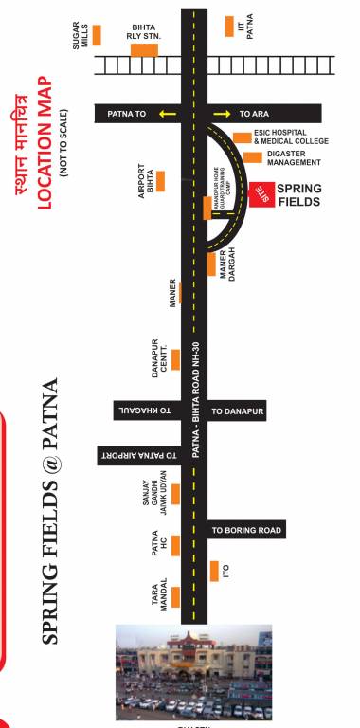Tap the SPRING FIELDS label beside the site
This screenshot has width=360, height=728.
(x=298, y=195)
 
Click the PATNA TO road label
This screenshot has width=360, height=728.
(x=126, y=113)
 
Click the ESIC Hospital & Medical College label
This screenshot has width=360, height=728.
(x=290, y=137)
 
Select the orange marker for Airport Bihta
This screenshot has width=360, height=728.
(x=160, y=180)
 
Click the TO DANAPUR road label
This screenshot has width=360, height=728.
(x=236, y=412)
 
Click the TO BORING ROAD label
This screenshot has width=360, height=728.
(x=245, y=530)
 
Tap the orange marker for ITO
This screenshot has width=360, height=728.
(x=212, y=572)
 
